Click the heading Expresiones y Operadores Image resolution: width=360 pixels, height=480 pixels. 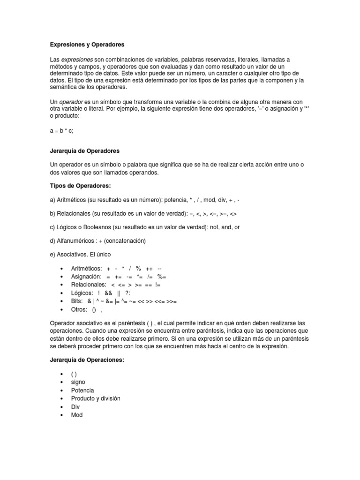pyautogui.click(x=87, y=45)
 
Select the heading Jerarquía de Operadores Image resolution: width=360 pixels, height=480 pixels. pyautogui.click(x=85, y=151)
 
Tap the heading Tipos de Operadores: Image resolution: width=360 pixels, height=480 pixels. pyautogui.click(x=80, y=186)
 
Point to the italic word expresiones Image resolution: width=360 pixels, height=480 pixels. pyautogui.click(x=77, y=60)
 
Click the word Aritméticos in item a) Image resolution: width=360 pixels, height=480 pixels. pyautogui.click(x=73, y=200)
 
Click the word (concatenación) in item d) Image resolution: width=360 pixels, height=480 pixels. pyautogui.click(x=127, y=241)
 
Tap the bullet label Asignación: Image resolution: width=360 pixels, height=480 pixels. pyautogui.click(x=86, y=277)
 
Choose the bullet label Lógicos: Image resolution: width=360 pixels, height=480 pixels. pyautogui.click(x=82, y=293)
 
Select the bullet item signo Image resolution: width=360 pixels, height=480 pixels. pyautogui.click(x=78, y=382)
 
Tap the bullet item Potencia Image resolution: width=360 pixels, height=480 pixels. pyautogui.click(x=82, y=390)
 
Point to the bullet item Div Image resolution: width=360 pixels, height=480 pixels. pyautogui.click(x=75, y=407)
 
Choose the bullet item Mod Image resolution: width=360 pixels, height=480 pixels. pyautogui.click(x=76, y=415)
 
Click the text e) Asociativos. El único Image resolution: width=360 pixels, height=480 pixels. pyautogui.click(x=82, y=255)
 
